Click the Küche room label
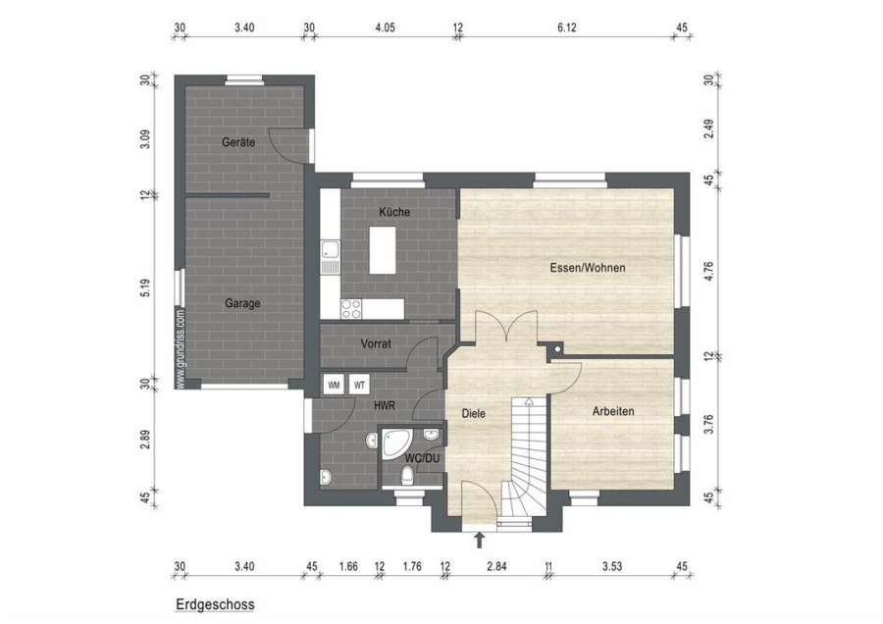[394, 212]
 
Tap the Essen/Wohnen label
[588, 268]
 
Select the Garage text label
[242, 303]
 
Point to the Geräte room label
[238, 142]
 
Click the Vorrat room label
[376, 343]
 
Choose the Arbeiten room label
[613, 411]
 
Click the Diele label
[473, 413]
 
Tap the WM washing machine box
[334, 385]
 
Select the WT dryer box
[359, 385]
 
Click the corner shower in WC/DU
[396, 442]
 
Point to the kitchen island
[383, 250]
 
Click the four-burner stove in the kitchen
[351, 309]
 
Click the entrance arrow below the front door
[479, 540]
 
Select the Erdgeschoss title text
[215, 604]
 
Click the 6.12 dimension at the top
[566, 27]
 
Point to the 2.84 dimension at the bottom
[496, 566]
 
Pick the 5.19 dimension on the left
[145, 287]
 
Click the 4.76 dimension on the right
[708, 272]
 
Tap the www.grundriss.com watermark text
[181, 348]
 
